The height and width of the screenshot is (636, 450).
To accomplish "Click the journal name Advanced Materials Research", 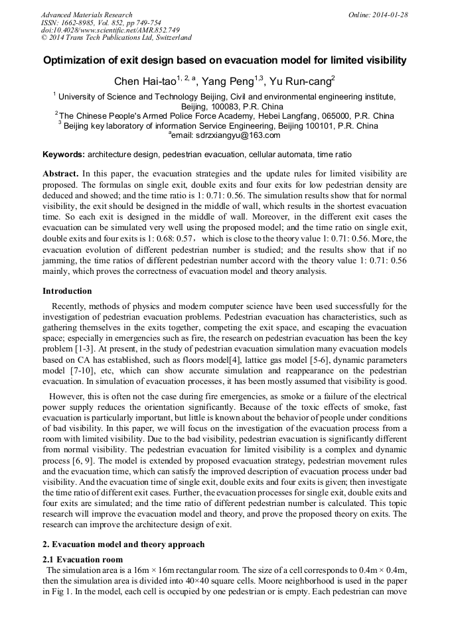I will (x=86, y=15).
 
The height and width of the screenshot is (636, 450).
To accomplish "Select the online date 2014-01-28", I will (x=390, y=15).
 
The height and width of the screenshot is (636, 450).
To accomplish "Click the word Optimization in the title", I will (x=74, y=60).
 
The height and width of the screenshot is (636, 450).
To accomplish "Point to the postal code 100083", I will (x=220, y=106).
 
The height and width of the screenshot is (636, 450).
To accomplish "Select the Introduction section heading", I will (x=67, y=290).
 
